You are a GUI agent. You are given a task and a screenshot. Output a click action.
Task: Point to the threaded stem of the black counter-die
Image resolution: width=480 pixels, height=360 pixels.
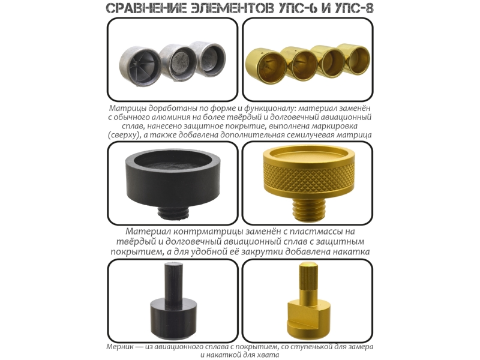[x=173, y=212]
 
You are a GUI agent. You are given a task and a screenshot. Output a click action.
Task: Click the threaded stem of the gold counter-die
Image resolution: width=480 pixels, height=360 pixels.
[x=308, y=209]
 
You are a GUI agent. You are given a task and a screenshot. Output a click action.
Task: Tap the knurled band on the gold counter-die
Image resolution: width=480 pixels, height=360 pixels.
[x=308, y=178]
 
